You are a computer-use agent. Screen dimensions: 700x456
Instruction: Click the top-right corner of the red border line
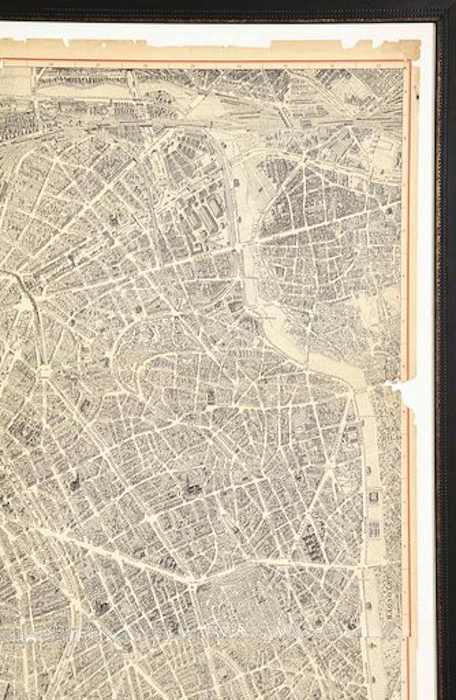[409, 61]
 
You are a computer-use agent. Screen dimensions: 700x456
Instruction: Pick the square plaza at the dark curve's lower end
[46, 371]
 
